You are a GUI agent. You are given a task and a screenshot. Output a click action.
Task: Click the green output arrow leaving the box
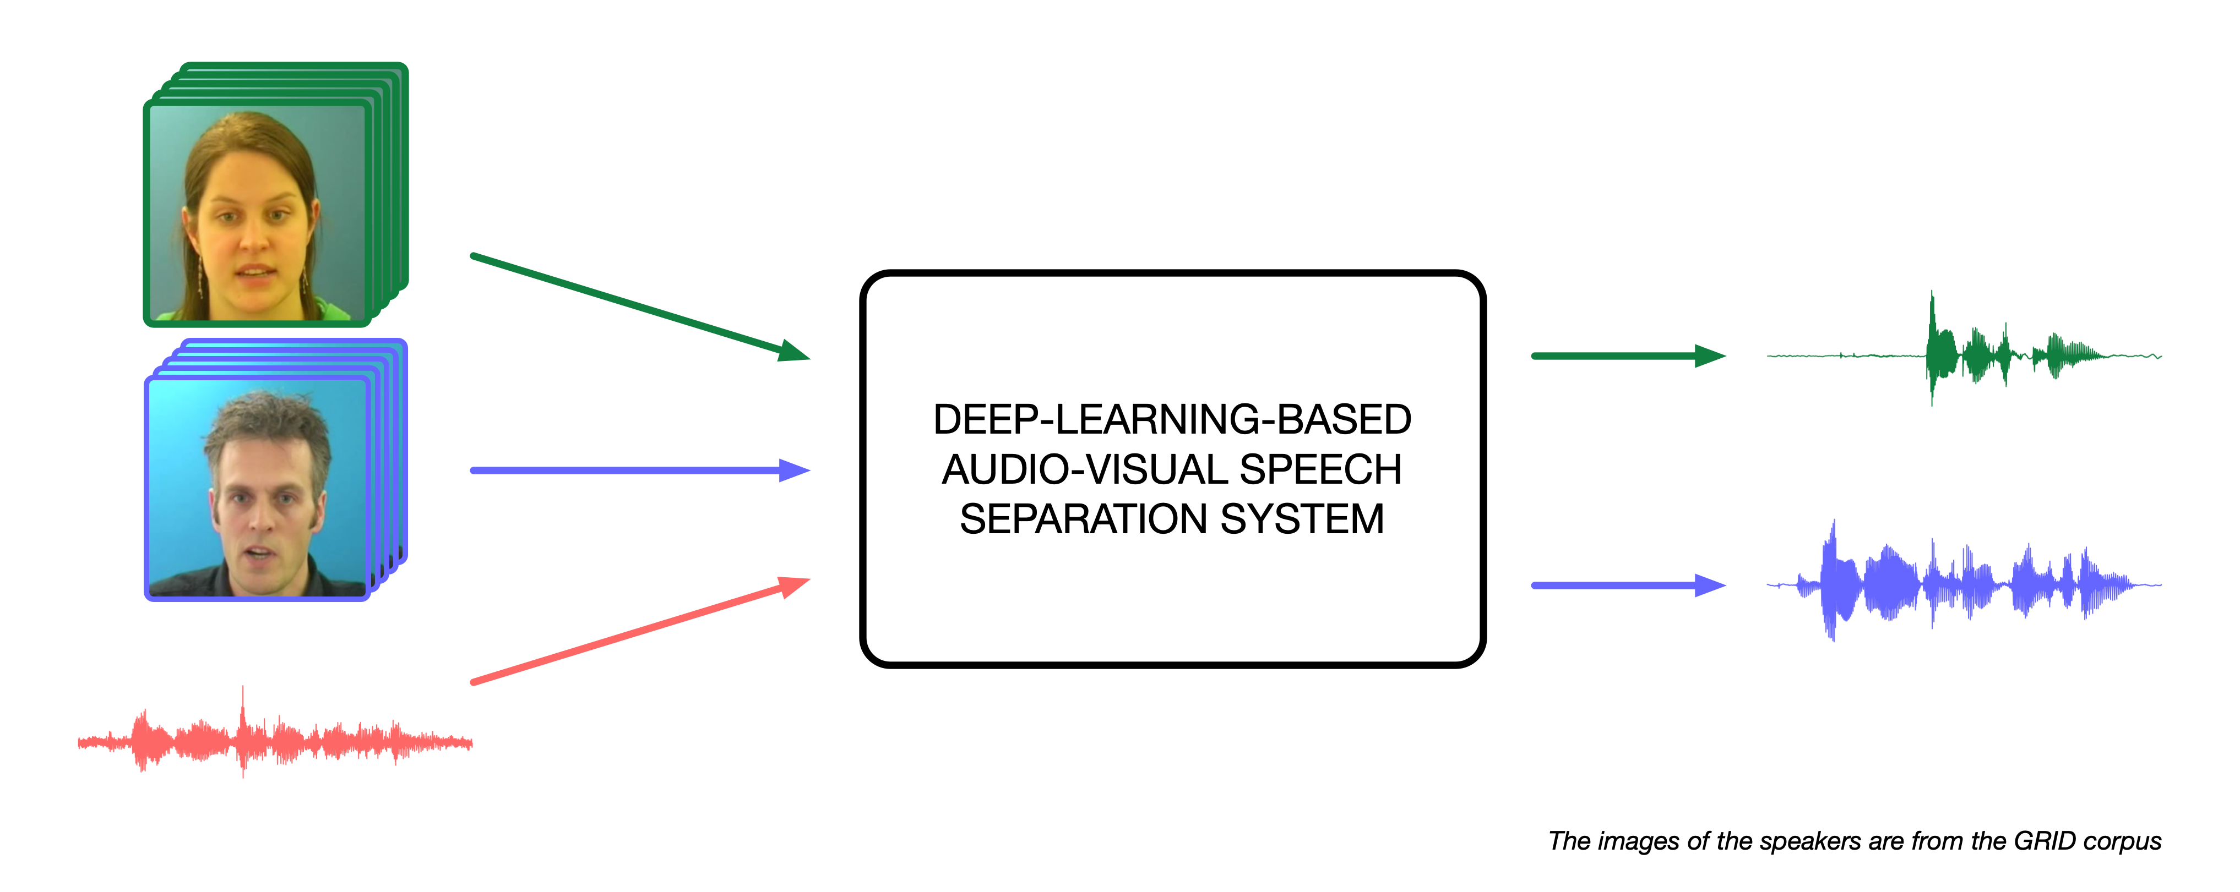pyautogui.click(x=1626, y=355)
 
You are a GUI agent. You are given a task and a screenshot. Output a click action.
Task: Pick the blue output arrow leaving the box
pyautogui.click(x=1626, y=585)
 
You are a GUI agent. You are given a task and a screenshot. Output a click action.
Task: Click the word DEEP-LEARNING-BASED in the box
pyautogui.click(x=1171, y=420)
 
